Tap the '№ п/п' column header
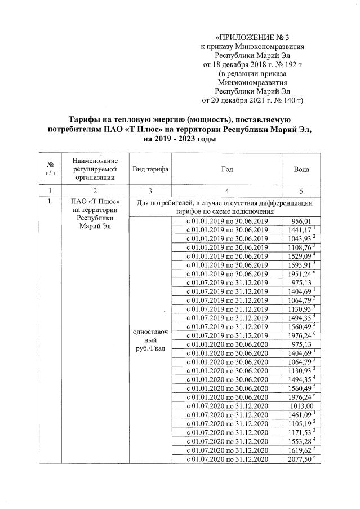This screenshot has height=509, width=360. tap(50, 169)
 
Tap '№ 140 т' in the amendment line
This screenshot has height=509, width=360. tap(286, 101)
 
